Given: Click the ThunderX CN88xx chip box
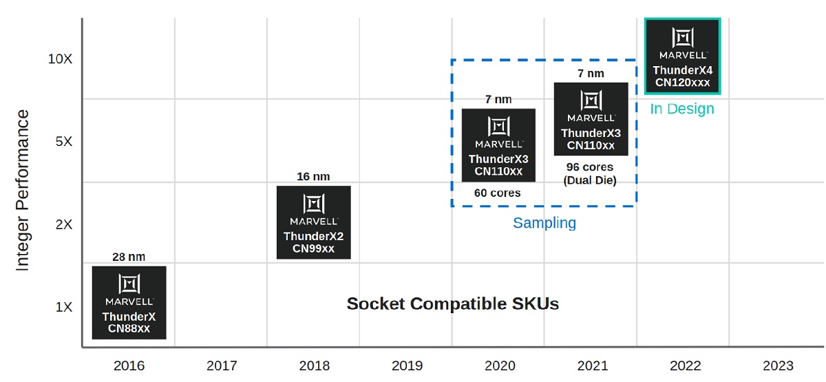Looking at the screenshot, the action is coord(129,303).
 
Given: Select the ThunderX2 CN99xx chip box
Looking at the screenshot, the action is coord(314,222).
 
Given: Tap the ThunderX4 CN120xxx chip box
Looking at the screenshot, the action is coord(683,56).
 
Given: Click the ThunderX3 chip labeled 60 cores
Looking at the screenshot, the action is coord(498,145).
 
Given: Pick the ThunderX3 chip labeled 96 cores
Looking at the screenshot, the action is coord(591,118).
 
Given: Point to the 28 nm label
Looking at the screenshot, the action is coord(129,257).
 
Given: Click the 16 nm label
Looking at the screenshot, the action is coord(313,176).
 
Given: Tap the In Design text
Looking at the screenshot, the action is coord(682,109).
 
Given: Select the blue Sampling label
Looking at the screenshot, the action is coord(544,223).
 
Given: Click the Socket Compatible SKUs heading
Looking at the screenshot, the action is coord(453,304).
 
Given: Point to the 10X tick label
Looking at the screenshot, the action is coord(60,59).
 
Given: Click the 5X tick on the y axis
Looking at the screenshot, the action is coord(64,142).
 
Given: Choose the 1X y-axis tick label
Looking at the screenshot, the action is coord(64,307).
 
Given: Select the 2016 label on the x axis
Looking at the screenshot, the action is coord(129,365).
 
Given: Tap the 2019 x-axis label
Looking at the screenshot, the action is coord(407,365).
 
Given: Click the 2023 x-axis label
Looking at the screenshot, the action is coord(778,365).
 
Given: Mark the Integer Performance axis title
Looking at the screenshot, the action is coord(22,190).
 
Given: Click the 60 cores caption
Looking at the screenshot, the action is coord(498,193).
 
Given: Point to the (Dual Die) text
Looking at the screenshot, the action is coord(590,180).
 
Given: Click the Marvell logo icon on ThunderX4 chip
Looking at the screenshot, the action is coord(683,38).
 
